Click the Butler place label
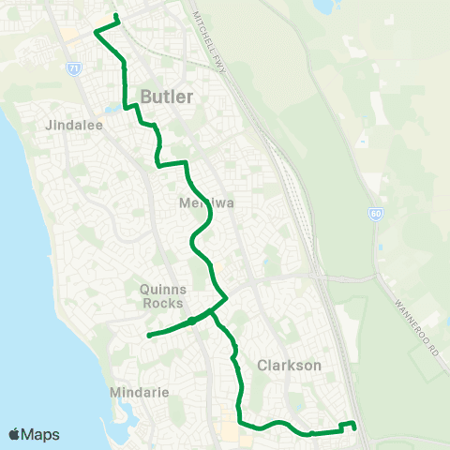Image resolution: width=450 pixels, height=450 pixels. (x=167, y=97)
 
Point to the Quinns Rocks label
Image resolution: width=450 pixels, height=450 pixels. (x=164, y=295)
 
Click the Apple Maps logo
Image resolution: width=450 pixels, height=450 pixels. (x=34, y=434)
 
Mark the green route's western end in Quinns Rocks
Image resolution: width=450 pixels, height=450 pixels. (x=149, y=335)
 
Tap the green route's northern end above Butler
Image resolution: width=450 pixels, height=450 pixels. (x=115, y=17)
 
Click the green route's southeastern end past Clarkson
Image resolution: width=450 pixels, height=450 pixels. (x=355, y=428)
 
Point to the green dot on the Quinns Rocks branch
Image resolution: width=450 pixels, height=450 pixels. (x=191, y=321)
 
